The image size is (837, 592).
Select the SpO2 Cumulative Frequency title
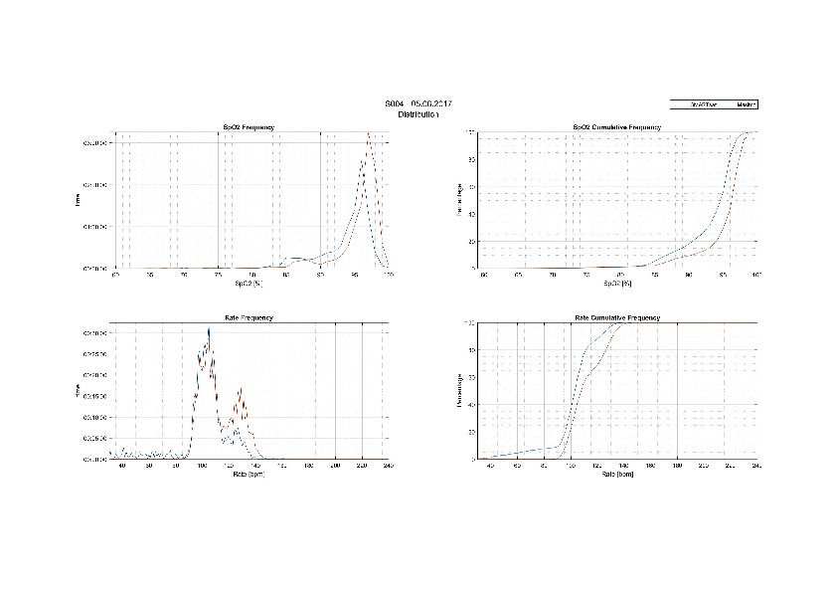point(617,127)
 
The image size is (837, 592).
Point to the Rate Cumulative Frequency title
point(617,317)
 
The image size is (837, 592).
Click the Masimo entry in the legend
point(747,103)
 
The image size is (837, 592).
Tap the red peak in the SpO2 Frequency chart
point(369,134)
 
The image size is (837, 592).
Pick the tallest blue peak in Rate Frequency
point(209,328)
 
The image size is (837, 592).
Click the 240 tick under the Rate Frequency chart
point(388,465)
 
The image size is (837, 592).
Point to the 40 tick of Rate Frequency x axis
point(122,465)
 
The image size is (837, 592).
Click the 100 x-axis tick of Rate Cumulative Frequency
point(572,465)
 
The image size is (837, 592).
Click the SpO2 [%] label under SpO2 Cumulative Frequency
point(617,283)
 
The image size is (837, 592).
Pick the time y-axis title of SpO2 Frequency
point(80,200)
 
